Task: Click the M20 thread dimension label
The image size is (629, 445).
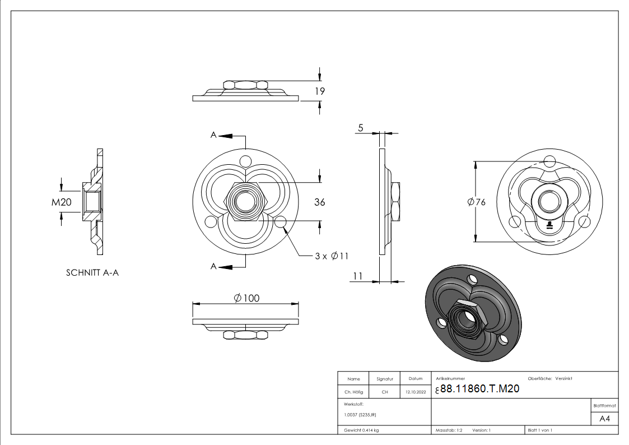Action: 62,202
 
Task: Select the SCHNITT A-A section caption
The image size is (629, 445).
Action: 92,273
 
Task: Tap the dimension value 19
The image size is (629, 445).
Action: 320,91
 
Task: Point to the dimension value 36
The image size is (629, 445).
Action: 320,202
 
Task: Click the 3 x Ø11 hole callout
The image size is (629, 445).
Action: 332,256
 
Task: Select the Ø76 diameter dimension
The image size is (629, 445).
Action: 476,202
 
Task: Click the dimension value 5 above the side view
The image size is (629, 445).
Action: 361,128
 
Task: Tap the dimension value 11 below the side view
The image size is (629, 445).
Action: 359,276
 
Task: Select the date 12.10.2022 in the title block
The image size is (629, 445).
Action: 415,392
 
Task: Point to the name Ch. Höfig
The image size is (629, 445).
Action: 353,392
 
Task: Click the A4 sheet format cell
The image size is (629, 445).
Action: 605,419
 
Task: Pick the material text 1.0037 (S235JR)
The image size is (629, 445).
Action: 360,414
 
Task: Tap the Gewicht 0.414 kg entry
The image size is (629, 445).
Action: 361,430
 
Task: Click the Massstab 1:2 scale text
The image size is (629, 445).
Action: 449,430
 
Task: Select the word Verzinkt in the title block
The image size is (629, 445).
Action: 563,379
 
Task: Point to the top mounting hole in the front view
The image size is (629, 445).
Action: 245,161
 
